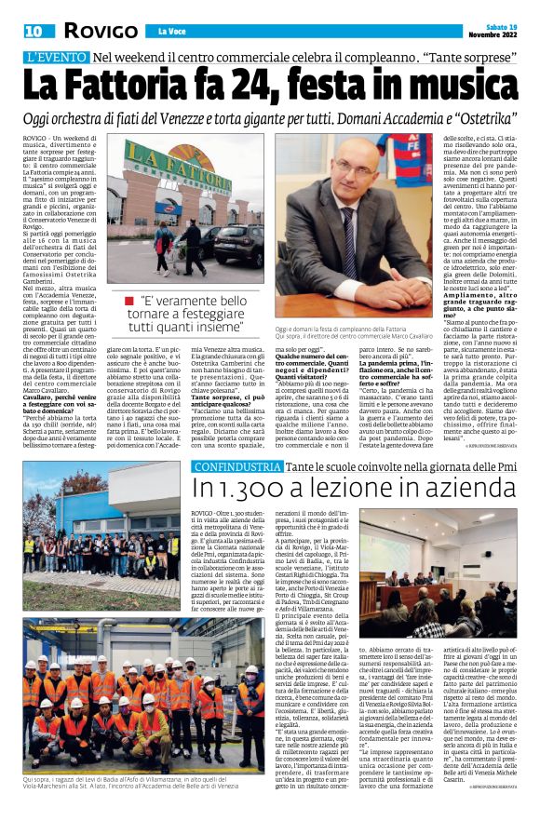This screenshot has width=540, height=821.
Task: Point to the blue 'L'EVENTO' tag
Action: coord(59,58)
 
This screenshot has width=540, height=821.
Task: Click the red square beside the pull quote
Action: coord(128,301)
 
